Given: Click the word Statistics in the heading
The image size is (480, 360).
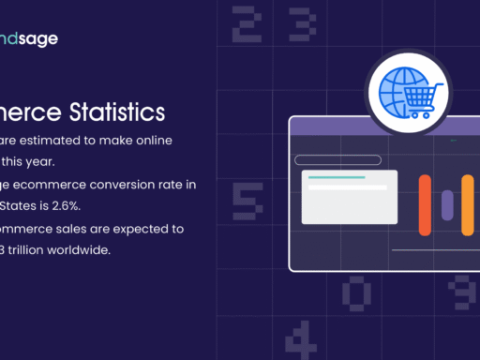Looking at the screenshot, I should pyautogui.click(x=118, y=112).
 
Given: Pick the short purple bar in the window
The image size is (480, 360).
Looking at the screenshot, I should pyautogui.click(x=446, y=204).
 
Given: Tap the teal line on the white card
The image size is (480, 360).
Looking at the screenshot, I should pyautogui.click(x=336, y=177).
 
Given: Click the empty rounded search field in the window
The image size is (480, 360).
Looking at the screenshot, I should pyautogui.click(x=337, y=160).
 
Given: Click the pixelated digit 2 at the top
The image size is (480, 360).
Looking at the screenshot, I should pyautogui.click(x=246, y=24).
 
